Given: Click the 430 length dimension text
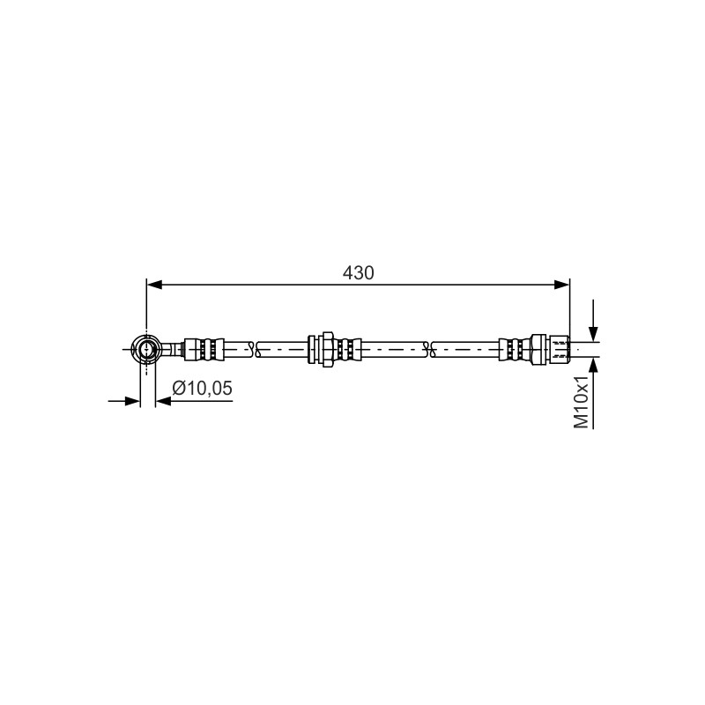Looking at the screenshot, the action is point(358,273).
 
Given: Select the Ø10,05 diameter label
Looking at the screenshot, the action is point(203,388).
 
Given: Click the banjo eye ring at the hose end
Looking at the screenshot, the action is point(146,349).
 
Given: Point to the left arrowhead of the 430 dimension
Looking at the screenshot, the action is point(154,285).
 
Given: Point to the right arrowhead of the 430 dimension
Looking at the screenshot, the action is point(562,285).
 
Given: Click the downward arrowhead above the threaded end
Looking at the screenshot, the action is point(593,334).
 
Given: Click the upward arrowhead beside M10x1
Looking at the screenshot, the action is point(593,365).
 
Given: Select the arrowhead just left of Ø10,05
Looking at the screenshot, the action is point(163,401).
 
